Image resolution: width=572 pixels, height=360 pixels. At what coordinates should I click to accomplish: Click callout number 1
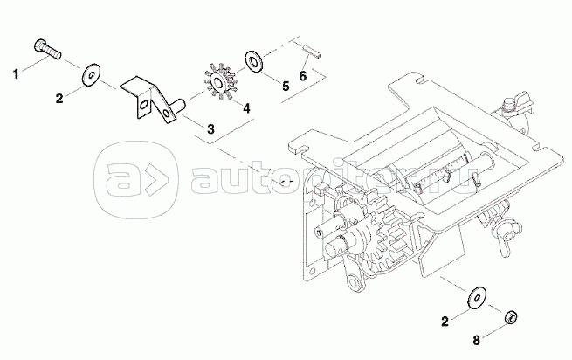(15, 73)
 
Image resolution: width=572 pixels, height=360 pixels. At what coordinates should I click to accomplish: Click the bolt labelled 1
(45, 46)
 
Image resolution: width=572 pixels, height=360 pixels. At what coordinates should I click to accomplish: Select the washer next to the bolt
(91, 73)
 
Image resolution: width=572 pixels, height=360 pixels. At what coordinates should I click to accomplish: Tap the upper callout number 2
(59, 99)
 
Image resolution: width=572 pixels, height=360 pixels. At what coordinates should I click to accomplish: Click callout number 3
(210, 129)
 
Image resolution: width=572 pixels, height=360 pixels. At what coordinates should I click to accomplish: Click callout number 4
(247, 108)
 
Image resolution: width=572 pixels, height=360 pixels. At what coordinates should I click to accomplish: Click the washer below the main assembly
(478, 297)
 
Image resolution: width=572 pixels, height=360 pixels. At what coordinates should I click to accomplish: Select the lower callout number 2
(444, 322)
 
